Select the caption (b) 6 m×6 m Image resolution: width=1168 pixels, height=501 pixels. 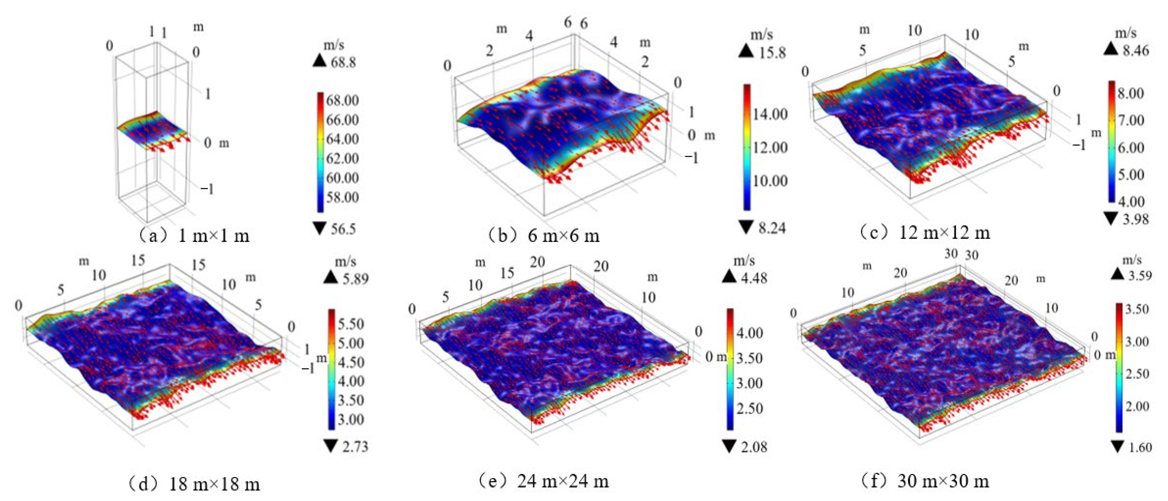pyautogui.click(x=544, y=236)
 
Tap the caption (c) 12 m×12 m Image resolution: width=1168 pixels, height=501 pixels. pyautogui.click(x=925, y=233)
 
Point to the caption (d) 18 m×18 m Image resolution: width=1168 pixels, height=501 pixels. pyautogui.click(x=194, y=484)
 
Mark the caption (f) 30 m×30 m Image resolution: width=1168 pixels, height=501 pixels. pyautogui.click(x=925, y=481)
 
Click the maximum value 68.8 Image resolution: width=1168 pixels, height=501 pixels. pyautogui.click(x=343, y=62)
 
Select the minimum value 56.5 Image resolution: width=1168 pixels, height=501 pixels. pyautogui.click(x=343, y=229)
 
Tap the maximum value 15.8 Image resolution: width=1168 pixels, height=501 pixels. pyautogui.click(x=772, y=53)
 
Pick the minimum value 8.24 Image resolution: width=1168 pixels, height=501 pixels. pyautogui.click(x=772, y=228)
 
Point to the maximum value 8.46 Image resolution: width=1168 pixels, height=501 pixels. pyautogui.click(x=1136, y=50)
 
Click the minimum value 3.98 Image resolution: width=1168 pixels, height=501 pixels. pyautogui.click(x=1136, y=220)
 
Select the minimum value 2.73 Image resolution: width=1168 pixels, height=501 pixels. pyautogui.click(x=356, y=447)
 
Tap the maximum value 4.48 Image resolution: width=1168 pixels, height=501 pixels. pyautogui.click(x=754, y=277)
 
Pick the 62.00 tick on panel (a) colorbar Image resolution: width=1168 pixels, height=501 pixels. pyautogui.click(x=342, y=158)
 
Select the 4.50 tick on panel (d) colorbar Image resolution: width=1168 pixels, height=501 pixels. pyautogui.click(x=350, y=362)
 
